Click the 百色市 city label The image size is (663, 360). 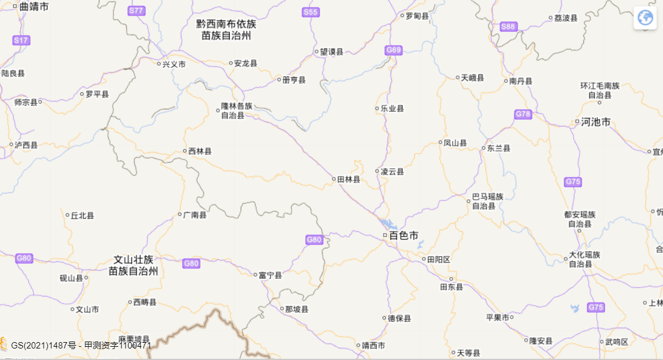coord(404,236)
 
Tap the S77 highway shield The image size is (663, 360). coord(137,11)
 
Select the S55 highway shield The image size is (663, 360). coord(310,12)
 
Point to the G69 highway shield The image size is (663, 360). coord(393,50)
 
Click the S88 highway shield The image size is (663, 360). coord(508,26)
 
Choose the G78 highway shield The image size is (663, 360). coord(523,115)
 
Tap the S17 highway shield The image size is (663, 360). coord(21,40)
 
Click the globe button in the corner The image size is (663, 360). coord(645,18)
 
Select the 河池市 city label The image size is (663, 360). coord(595,122)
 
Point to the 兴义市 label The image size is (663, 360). coord(174,64)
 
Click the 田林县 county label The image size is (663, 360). coord(348,179)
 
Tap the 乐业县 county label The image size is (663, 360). coord(392,108)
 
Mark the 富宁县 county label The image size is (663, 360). coord(270,275)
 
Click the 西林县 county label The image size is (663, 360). coord(200,151)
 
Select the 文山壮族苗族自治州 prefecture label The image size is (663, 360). coord(133,265)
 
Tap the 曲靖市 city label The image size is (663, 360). coord(33,7)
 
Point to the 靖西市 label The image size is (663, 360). coord(373,346)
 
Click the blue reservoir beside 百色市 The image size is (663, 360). coord(388,223)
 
